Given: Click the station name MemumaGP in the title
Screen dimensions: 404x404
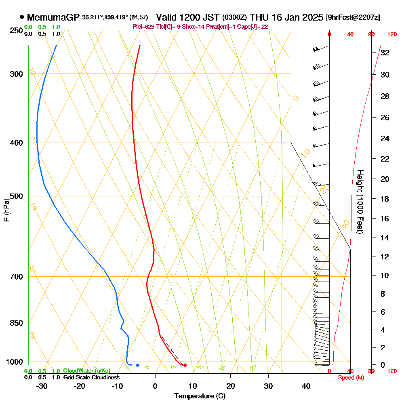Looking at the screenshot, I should point(54,17).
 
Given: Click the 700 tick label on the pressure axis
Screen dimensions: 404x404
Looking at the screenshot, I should point(16,276).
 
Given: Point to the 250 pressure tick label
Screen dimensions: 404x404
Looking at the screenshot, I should point(16,30).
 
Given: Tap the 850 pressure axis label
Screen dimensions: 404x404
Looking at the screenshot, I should point(16,323).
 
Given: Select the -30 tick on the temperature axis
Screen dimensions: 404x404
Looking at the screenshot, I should point(42,386).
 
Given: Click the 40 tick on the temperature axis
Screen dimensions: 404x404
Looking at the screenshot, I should point(306,386).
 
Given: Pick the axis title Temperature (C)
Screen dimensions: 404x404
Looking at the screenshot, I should point(200,396).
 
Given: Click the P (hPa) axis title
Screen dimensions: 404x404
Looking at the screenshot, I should point(6,210).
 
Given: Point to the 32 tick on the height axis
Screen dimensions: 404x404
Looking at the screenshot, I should point(385,53).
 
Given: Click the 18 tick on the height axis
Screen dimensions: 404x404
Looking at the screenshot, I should point(385,198).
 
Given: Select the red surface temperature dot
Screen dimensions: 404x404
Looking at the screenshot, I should point(185,365).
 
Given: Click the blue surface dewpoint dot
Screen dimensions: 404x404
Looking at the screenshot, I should point(137,365).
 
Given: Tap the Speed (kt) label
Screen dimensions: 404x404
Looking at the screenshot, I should point(349,377).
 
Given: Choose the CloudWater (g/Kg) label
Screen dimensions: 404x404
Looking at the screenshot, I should point(86,371).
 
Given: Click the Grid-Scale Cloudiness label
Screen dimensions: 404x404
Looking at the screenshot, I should point(91,377).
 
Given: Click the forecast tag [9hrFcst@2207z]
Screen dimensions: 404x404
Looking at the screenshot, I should point(353,17).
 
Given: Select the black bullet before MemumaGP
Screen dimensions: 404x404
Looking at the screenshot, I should point(21,17).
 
